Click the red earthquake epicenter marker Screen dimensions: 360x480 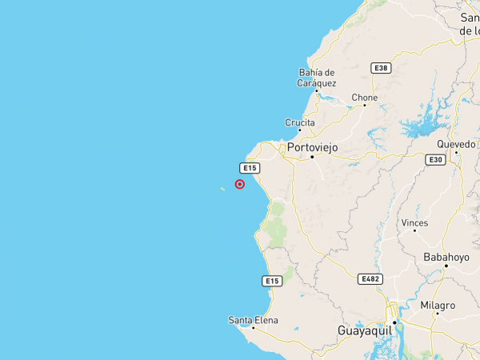[x=240, y=184]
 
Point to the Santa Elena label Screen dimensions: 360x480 [x=254, y=320]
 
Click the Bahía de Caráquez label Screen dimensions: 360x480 [x=318, y=78]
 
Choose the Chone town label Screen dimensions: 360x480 [x=365, y=98]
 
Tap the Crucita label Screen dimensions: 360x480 [x=300, y=122]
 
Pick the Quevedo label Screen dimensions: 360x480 [x=455, y=144]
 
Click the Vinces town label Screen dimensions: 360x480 [x=415, y=223]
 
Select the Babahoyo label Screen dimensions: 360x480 [x=446, y=257]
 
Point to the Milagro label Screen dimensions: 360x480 [x=438, y=306]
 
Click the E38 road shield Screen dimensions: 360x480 [x=381, y=69]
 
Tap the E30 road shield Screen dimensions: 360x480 [x=435, y=160]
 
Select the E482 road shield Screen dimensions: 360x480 [x=370, y=278]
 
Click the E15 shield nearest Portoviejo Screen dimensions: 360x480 [x=250, y=168]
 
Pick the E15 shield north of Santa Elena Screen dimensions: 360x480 [x=272, y=281]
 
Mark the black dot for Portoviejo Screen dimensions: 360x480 [x=312, y=157]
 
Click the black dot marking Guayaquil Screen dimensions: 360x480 [x=394, y=322]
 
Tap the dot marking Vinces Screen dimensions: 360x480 [x=414, y=231]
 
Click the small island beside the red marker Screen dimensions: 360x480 [x=222, y=189]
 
